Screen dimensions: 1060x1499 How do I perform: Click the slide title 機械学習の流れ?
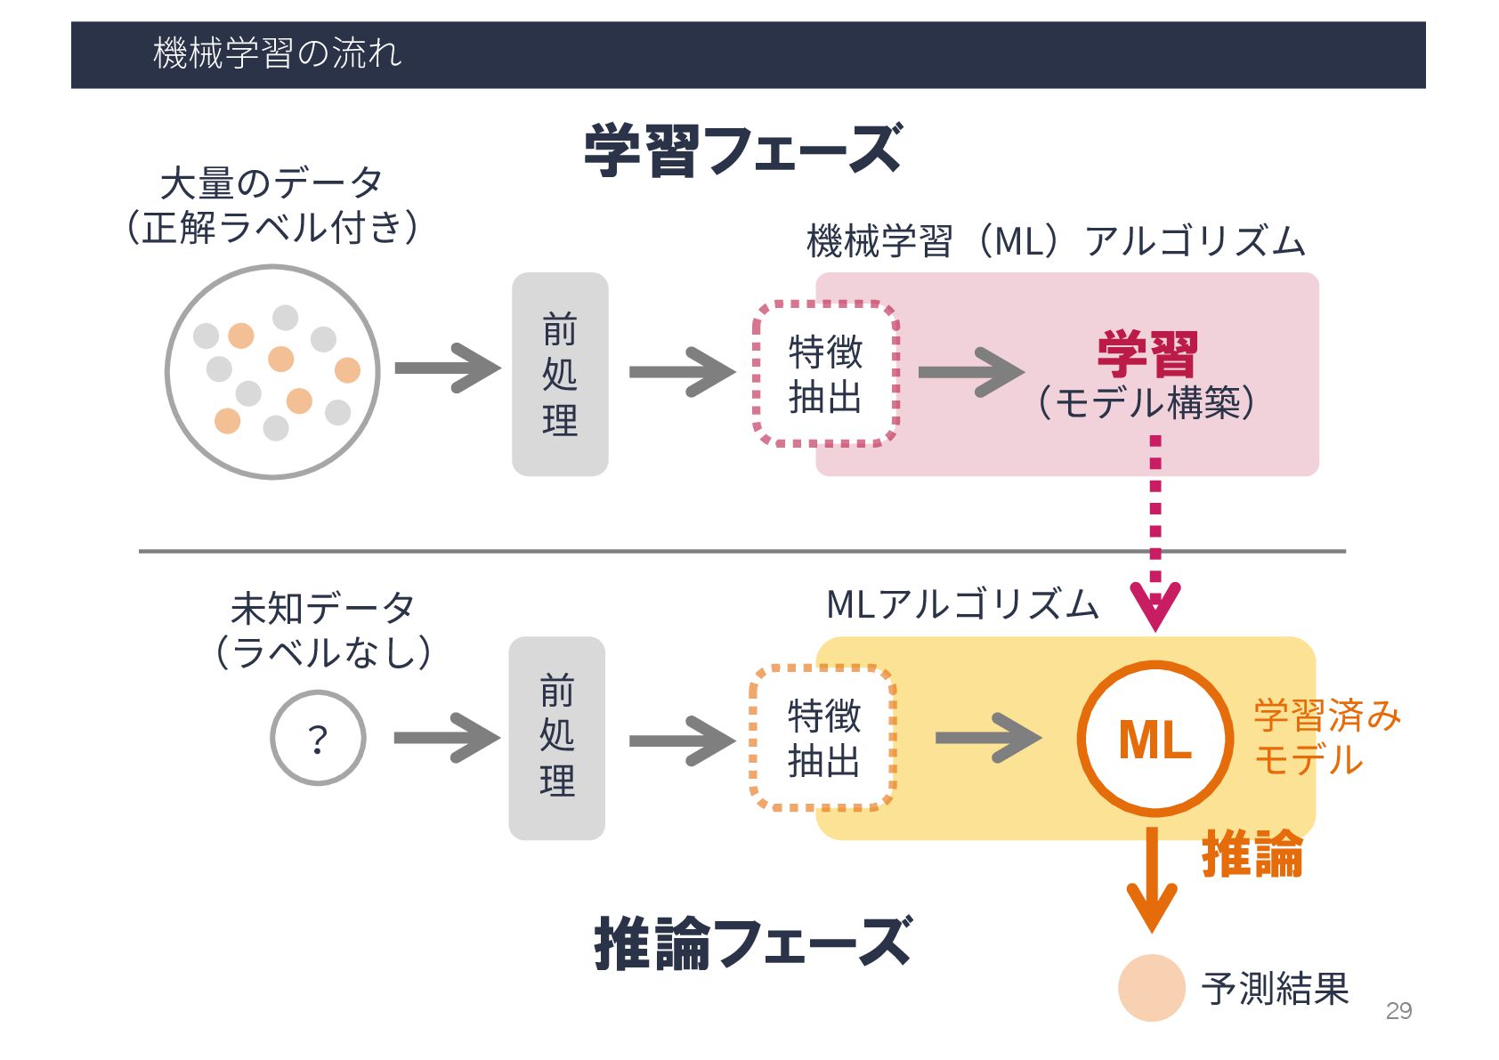277,53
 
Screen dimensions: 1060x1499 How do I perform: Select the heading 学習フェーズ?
742,150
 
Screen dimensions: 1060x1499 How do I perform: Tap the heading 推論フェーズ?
752,943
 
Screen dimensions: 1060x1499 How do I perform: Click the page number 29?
1398,1010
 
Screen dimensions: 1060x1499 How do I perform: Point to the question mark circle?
318,738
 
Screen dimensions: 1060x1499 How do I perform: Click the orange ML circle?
1155,739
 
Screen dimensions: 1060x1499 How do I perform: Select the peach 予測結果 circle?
1151,987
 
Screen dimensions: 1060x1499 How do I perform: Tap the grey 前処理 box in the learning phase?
560,374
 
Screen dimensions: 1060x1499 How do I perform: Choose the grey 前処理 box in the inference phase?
557,738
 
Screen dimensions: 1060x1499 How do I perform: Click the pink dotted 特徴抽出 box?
825,374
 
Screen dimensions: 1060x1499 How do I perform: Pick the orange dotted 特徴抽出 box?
823,738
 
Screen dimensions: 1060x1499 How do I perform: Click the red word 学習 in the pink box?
1147,354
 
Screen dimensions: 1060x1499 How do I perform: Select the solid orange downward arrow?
1152,881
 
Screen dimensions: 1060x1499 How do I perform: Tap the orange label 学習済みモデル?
1325,738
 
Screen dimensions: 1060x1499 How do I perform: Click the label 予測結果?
1275,988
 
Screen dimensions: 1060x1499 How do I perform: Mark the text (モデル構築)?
1147,402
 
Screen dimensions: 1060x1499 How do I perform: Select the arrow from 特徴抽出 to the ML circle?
987,738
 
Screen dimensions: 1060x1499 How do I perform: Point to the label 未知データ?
322,609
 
